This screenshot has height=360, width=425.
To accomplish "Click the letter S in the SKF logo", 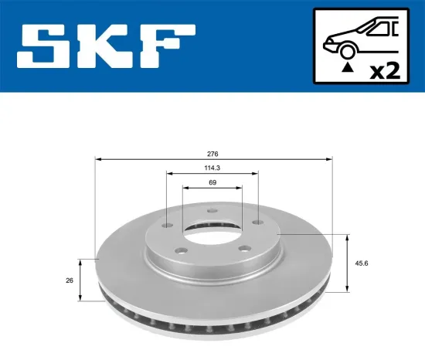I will pyautogui.click(x=46, y=48).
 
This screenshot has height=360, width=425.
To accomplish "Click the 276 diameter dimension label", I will pyautogui.click(x=212, y=153).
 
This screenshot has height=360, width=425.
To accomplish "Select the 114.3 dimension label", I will pyautogui.click(x=212, y=168).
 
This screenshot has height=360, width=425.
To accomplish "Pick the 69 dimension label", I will pyautogui.click(x=212, y=182).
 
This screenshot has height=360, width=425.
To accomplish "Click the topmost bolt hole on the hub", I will pyautogui.click(x=212, y=214).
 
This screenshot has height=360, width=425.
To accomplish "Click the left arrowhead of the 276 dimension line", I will pyautogui.click(x=97, y=159).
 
